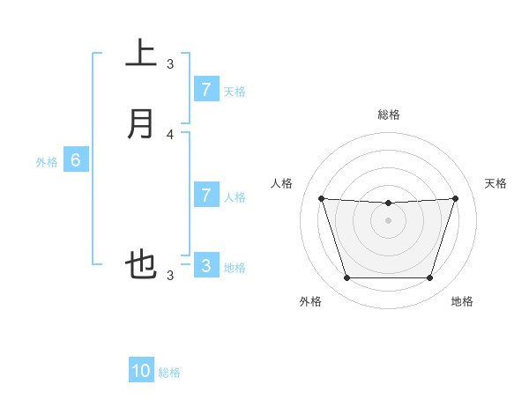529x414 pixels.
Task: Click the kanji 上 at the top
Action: pyautogui.click(x=141, y=54)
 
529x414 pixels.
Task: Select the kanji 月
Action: pyautogui.click(x=141, y=123)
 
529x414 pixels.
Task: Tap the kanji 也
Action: pyautogui.click(x=141, y=264)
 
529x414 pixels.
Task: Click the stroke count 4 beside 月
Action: pyautogui.click(x=170, y=135)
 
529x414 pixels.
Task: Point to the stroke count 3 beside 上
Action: pyautogui.click(x=170, y=64)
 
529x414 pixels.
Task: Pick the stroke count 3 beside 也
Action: pyautogui.click(x=170, y=276)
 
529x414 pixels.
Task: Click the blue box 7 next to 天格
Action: pyautogui.click(x=205, y=90)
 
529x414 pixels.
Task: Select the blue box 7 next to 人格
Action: pyautogui.click(x=205, y=196)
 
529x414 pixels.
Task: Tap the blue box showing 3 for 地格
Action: pyautogui.click(x=205, y=266)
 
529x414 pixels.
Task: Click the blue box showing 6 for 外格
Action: pyautogui.click(x=76, y=160)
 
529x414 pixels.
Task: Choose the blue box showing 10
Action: pyautogui.click(x=141, y=371)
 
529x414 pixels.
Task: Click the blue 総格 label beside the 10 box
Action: pyautogui.click(x=169, y=373)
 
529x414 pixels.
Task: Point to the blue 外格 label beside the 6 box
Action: pyautogui.click(x=47, y=162)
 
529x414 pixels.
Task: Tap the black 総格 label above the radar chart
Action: pyautogui.click(x=388, y=115)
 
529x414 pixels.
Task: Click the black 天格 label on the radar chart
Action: pyautogui.click(x=496, y=183)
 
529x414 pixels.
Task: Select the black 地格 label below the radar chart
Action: pyautogui.click(x=462, y=301)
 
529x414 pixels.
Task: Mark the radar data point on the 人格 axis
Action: pyautogui.click(x=321, y=198)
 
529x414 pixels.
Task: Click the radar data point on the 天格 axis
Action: pyautogui.click(x=455, y=198)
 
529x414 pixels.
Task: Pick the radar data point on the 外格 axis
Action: pyautogui.click(x=346, y=278)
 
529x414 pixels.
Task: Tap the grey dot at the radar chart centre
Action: pyautogui.click(x=388, y=220)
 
